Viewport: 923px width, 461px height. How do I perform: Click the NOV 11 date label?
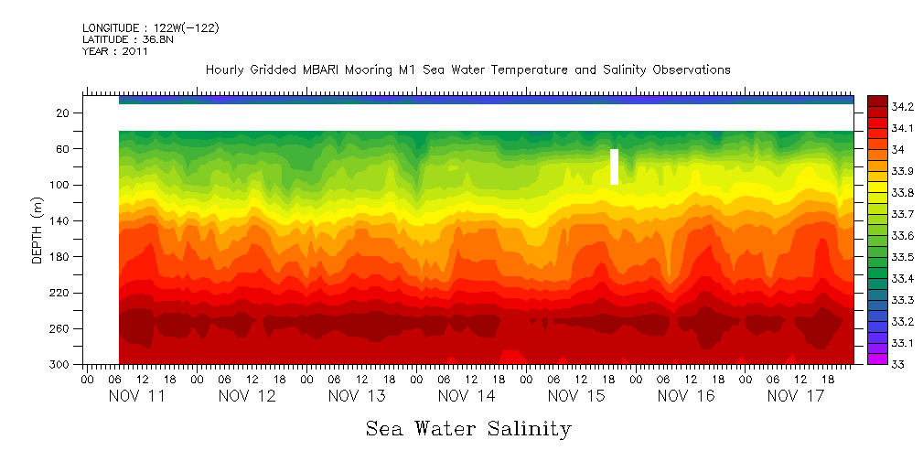point(137,396)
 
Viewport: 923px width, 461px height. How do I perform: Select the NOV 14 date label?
point(467,396)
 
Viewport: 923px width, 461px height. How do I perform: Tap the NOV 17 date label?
point(796,396)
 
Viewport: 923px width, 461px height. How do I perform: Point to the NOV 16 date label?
point(686,396)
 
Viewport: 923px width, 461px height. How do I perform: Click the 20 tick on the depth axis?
point(63,113)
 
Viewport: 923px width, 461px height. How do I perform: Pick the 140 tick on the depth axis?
point(60,221)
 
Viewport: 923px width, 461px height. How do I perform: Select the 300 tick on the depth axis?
point(60,365)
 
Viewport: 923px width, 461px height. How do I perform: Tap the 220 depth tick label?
point(60,294)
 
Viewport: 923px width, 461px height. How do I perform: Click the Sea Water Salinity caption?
point(468,429)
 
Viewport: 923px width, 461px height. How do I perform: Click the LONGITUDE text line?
point(150,28)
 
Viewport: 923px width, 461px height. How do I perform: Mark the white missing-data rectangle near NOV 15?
point(615,166)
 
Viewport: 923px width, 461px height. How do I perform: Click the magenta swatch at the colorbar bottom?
point(877,359)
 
